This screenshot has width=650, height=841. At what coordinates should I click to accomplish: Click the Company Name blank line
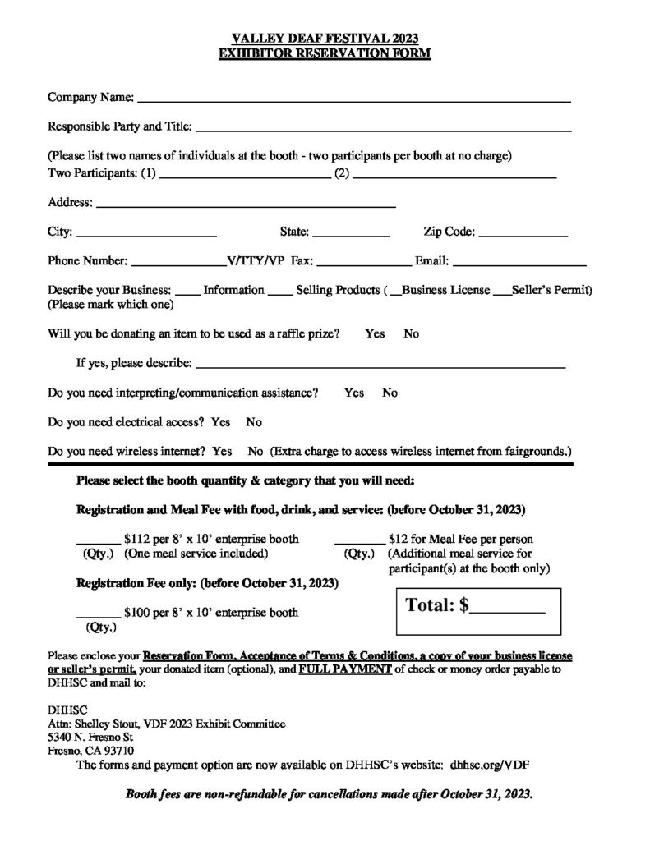click(353, 99)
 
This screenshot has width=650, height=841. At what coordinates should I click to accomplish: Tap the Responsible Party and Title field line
click(383, 129)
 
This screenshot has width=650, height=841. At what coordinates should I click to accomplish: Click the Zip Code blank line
click(523, 235)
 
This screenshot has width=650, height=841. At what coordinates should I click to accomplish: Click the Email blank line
click(519, 264)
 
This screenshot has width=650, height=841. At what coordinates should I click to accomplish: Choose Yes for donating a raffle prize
click(375, 334)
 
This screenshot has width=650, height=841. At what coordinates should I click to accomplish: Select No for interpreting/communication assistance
click(390, 393)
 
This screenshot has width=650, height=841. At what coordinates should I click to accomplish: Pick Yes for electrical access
click(220, 422)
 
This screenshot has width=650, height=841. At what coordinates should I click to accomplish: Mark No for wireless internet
click(255, 452)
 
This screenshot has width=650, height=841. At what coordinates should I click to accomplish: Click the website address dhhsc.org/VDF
click(490, 764)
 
